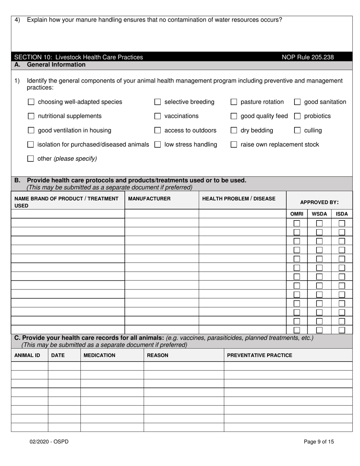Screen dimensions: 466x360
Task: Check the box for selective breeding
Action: coord(158,102)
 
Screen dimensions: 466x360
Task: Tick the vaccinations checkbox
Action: coord(158,116)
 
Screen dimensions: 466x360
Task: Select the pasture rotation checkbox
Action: coord(234,102)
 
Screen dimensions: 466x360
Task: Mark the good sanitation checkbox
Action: coord(297,102)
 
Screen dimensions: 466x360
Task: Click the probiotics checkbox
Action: coord(297,116)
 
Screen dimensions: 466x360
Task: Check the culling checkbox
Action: coord(297,131)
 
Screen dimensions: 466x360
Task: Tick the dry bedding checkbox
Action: coord(234,131)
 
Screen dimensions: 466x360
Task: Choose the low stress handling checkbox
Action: coord(158,145)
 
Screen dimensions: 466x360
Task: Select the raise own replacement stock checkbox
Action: coord(234,145)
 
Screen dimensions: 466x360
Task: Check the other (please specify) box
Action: coord(31,159)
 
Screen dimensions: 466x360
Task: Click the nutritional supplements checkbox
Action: coord(31,116)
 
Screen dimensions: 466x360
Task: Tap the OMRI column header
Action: coord(297,214)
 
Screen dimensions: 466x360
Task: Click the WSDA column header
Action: coord(319,214)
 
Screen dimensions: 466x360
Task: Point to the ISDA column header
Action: coord(342,214)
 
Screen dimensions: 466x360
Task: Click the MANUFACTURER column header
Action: coord(149,199)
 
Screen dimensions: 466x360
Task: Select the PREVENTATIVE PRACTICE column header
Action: coord(260,355)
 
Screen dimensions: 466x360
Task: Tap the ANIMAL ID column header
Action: coord(27,355)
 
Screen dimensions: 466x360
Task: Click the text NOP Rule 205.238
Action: coord(308,57)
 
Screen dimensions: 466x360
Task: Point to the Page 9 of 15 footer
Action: coord(319,441)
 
